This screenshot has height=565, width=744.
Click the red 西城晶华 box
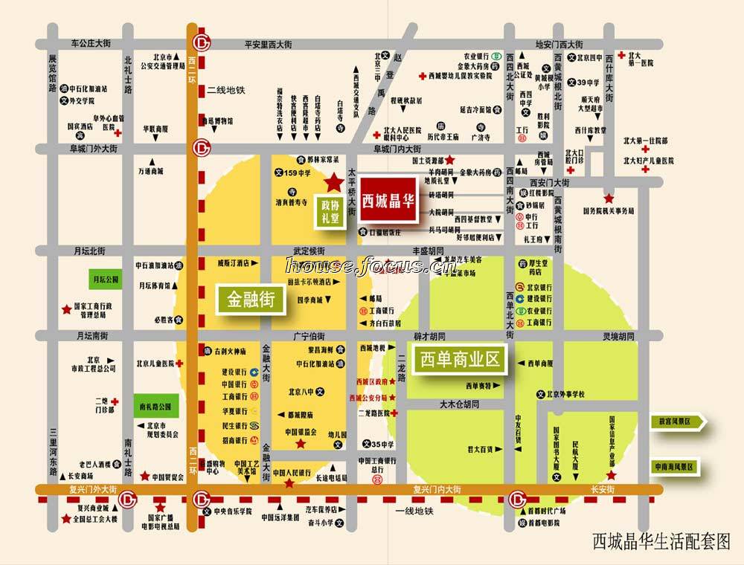[x=388, y=201]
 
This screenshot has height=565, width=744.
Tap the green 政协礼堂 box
[x=330, y=211]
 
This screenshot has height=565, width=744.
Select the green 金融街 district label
[x=246, y=300]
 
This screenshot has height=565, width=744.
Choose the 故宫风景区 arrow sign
[x=674, y=422]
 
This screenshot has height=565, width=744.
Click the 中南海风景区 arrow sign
[x=674, y=467]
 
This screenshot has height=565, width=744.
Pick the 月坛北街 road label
[x=89, y=251]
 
